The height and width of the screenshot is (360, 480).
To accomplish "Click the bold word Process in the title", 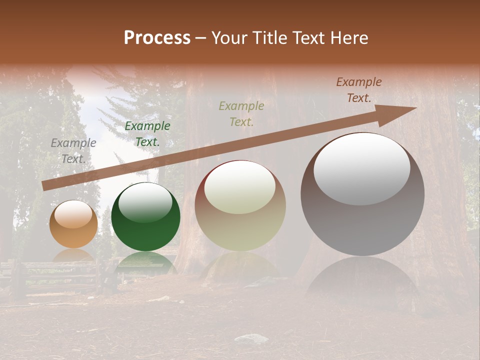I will [x=157, y=38].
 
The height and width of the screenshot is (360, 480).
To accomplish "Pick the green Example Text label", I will [x=147, y=134].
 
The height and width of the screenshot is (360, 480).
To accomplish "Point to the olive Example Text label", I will [x=241, y=113].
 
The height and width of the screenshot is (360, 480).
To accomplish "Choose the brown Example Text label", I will [x=359, y=90].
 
